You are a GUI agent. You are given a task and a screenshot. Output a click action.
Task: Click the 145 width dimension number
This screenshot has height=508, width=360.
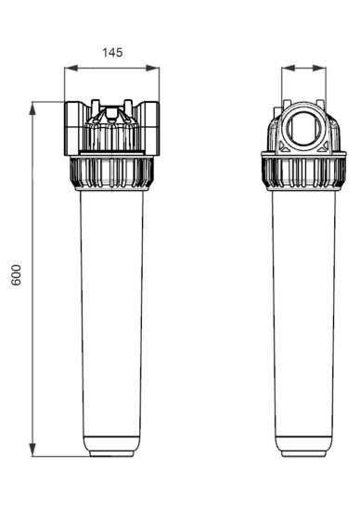(x=112, y=53)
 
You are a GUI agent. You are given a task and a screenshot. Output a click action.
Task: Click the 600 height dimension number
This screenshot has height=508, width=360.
(x=16, y=275)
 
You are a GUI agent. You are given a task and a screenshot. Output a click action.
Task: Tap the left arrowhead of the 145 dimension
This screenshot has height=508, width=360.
(x=71, y=68)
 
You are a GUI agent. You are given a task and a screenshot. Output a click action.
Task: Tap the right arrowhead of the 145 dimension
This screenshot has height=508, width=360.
(x=152, y=68)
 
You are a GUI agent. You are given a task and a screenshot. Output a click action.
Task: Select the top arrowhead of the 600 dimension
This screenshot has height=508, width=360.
(x=32, y=108)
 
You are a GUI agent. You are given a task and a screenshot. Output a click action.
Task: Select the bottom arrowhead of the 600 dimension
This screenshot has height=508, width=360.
(x=32, y=450)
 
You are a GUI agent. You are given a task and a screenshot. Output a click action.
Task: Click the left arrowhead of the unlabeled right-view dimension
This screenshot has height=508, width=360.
(x=289, y=68)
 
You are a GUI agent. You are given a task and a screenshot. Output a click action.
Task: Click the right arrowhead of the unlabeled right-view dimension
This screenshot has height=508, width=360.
(x=319, y=68)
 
